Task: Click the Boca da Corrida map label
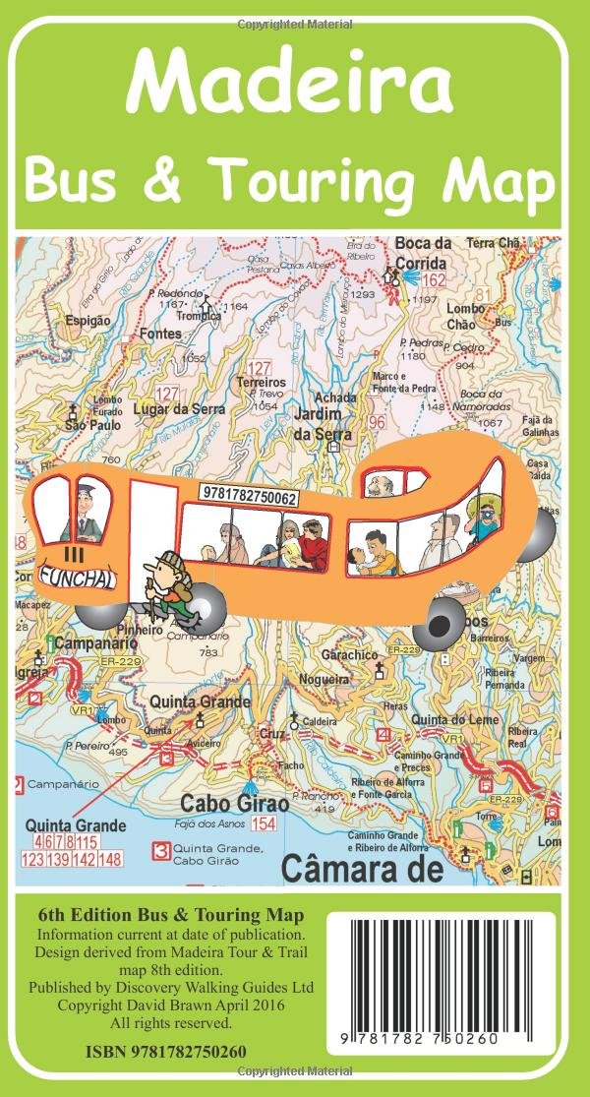click(x=421, y=254)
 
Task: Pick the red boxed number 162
click(x=435, y=281)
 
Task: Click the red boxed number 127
click(x=260, y=366)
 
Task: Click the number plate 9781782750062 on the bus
click(x=248, y=498)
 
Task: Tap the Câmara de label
click(x=361, y=869)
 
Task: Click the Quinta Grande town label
click(x=200, y=702)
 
